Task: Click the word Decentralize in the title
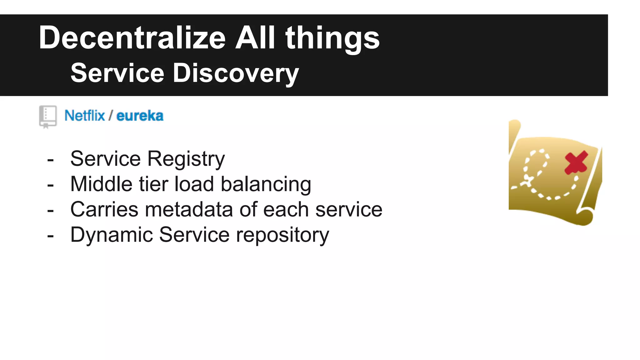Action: click(132, 38)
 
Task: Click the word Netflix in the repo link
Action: click(84, 116)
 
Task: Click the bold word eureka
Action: click(140, 116)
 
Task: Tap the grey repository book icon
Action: click(48, 116)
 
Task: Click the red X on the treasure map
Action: click(576, 163)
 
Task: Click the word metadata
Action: click(189, 209)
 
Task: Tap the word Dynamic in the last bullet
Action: click(112, 235)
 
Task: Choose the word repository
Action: click(282, 235)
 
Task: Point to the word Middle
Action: click(101, 184)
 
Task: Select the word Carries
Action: click(104, 209)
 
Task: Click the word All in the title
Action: click(255, 38)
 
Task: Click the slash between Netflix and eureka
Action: click(110, 116)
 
